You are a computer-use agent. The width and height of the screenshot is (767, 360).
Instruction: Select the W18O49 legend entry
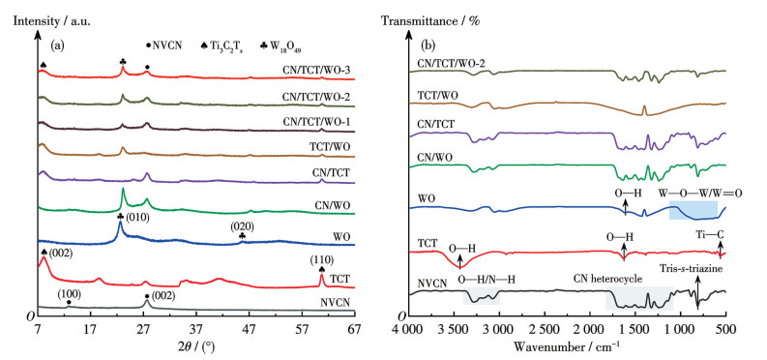(x=282, y=46)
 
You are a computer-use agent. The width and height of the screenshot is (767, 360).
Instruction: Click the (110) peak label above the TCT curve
(x=321, y=259)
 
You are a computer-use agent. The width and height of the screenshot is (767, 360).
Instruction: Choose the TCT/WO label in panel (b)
(x=437, y=95)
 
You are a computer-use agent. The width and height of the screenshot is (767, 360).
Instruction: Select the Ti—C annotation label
(x=710, y=234)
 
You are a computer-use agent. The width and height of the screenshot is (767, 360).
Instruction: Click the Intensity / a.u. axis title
(x=52, y=21)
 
